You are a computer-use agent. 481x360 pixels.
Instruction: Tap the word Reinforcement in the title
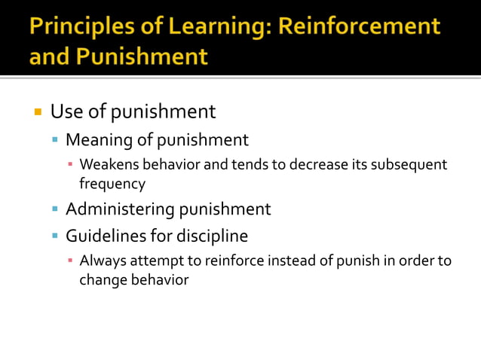pyautogui.click(x=359, y=26)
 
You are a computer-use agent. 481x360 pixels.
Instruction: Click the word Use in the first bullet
pyautogui.click(x=63, y=112)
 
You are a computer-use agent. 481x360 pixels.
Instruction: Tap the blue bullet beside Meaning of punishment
pyautogui.click(x=55, y=141)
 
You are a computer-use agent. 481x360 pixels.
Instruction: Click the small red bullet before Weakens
pyautogui.click(x=70, y=165)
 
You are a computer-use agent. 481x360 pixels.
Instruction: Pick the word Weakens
pyautogui.click(x=106, y=164)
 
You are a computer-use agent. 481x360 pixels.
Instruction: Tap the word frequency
pyautogui.click(x=112, y=183)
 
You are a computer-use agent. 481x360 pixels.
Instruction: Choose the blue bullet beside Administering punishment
pyautogui.click(x=55, y=209)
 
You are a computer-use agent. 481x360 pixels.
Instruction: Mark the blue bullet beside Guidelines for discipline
pyautogui.click(x=55, y=236)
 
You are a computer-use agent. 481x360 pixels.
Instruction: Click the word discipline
pyautogui.click(x=212, y=236)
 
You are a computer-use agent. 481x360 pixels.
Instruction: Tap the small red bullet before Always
pyautogui.click(x=70, y=261)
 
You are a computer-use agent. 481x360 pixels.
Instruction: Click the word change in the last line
pyautogui.click(x=102, y=279)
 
